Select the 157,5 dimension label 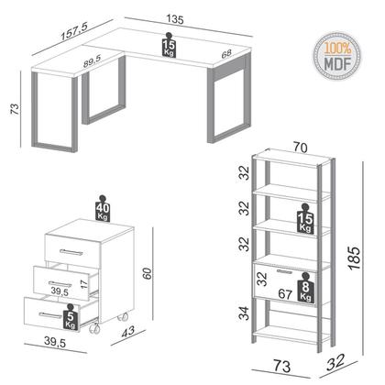[71, 29]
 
